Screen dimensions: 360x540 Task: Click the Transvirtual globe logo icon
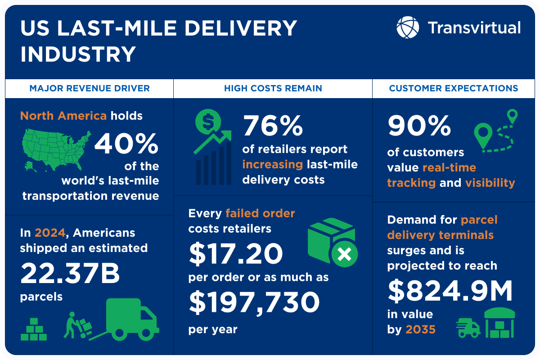coord(408,27)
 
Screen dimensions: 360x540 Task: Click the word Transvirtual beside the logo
coord(474,27)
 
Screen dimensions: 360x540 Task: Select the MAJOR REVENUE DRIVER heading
coord(90,88)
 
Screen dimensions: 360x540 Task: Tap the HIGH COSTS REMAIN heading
coord(273,88)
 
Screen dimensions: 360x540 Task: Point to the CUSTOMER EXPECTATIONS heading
coord(454,88)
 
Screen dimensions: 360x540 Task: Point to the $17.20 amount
coord(236,253)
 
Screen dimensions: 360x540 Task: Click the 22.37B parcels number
coord(70,274)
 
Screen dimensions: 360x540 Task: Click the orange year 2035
coord(421,329)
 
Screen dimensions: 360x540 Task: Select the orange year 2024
coord(50,233)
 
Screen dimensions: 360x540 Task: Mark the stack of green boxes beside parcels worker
coord(34,330)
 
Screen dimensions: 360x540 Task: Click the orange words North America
coord(63,116)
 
